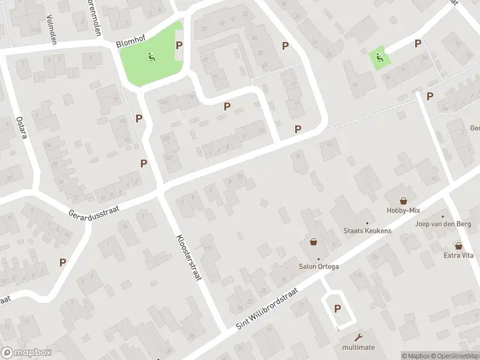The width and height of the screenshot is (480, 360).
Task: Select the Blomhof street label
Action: point(129,44)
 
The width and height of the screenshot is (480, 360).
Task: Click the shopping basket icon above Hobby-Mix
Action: point(404,201)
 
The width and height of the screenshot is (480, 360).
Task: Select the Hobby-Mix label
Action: point(403,211)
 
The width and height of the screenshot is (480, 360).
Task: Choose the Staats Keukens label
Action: point(367,230)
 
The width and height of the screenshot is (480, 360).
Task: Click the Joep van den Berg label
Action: point(443,224)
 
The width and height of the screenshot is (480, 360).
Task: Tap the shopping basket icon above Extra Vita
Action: point(459,246)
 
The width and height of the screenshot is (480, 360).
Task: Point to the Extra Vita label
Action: point(459,256)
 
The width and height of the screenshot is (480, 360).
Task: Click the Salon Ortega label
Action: point(319,266)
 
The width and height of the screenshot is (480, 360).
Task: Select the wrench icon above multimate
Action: point(359,337)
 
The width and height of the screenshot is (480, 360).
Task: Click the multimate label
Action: point(359,347)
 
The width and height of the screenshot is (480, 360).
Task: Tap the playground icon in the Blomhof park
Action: point(151,58)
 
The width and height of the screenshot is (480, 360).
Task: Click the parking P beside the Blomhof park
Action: point(179,46)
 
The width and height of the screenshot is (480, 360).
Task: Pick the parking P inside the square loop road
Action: point(337,309)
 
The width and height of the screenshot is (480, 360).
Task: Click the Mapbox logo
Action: point(26,353)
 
